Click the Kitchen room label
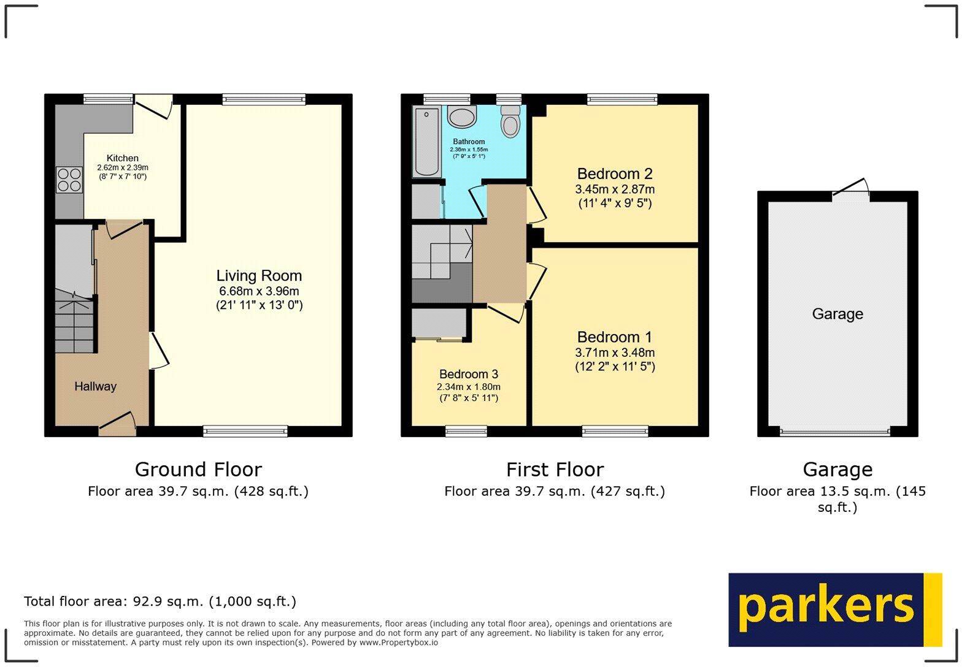click(123, 158)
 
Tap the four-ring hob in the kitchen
click(69, 180)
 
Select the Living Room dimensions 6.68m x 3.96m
click(259, 291)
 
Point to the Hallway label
click(95, 386)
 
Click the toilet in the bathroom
click(510, 121)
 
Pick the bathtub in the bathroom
click(426, 142)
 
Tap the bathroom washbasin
click(461, 116)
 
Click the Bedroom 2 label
click(615, 173)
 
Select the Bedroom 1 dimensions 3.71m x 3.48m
click(615, 353)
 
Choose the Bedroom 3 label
click(469, 374)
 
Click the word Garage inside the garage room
click(837, 314)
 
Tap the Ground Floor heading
click(198, 470)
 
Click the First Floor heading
click(555, 470)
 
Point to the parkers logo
click(834, 609)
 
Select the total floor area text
click(160, 601)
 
